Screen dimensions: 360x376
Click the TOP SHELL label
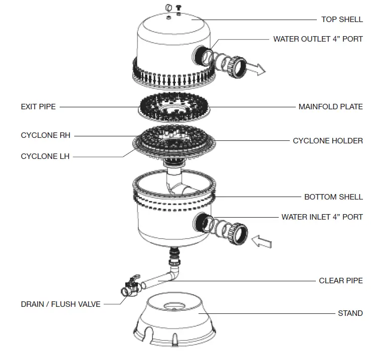342,20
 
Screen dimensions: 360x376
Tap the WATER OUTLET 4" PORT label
318,39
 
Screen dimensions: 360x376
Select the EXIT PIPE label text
38,107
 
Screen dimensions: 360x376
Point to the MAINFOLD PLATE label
330,107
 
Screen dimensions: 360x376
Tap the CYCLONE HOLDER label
328,141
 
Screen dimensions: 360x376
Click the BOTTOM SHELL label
333,197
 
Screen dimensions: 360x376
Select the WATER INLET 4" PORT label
322,217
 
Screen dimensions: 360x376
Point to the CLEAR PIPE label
341,281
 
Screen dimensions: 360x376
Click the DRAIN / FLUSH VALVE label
61,304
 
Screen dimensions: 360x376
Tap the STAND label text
350,313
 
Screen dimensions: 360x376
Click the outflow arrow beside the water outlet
258,70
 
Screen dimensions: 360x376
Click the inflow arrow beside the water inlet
261,242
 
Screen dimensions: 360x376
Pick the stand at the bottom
177,321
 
